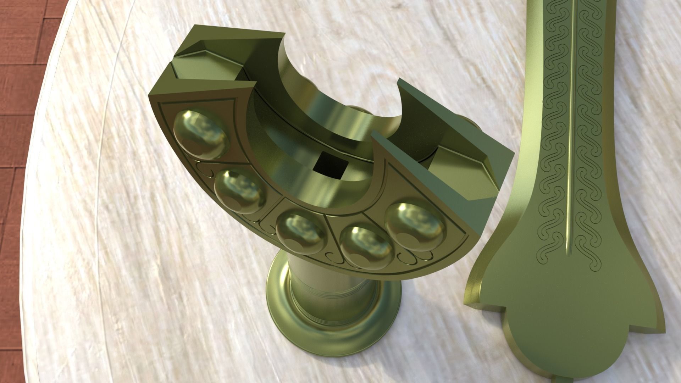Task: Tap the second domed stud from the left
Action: coord(240,191)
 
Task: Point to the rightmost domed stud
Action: coord(415,222)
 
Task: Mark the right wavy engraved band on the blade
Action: coord(591,142)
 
